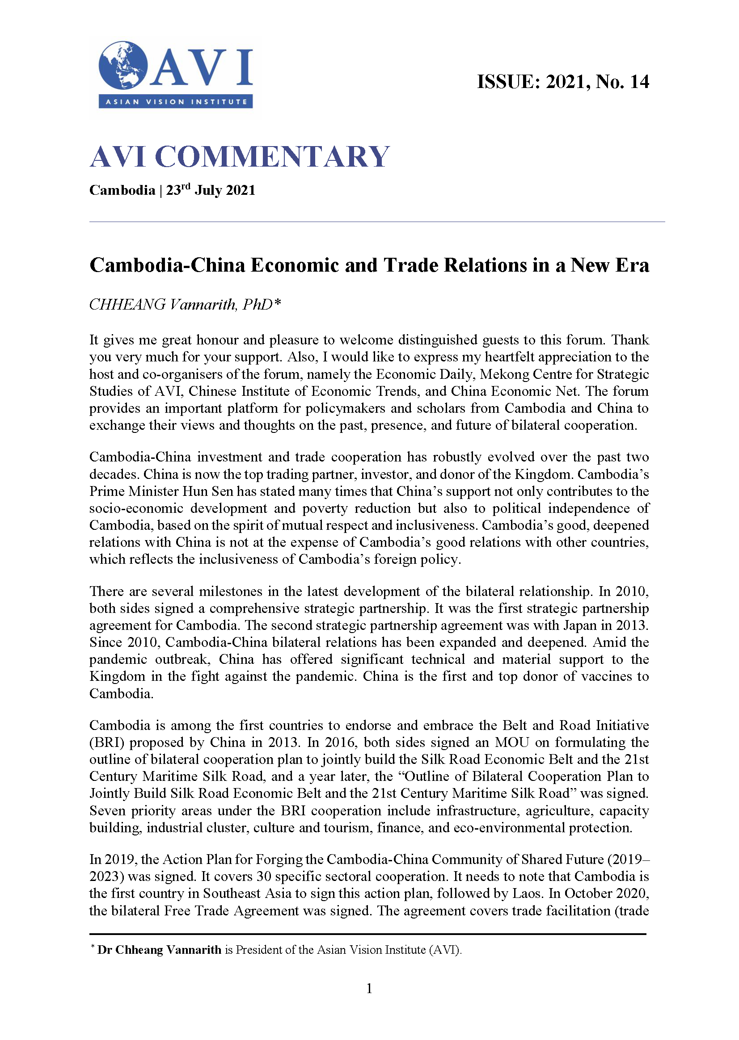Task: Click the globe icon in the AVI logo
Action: tap(123, 66)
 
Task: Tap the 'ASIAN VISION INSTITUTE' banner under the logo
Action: tap(176, 101)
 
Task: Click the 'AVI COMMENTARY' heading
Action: tap(239, 156)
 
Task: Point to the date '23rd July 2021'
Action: tap(210, 190)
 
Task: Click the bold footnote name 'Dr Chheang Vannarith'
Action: tap(159, 949)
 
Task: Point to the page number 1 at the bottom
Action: tap(369, 988)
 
